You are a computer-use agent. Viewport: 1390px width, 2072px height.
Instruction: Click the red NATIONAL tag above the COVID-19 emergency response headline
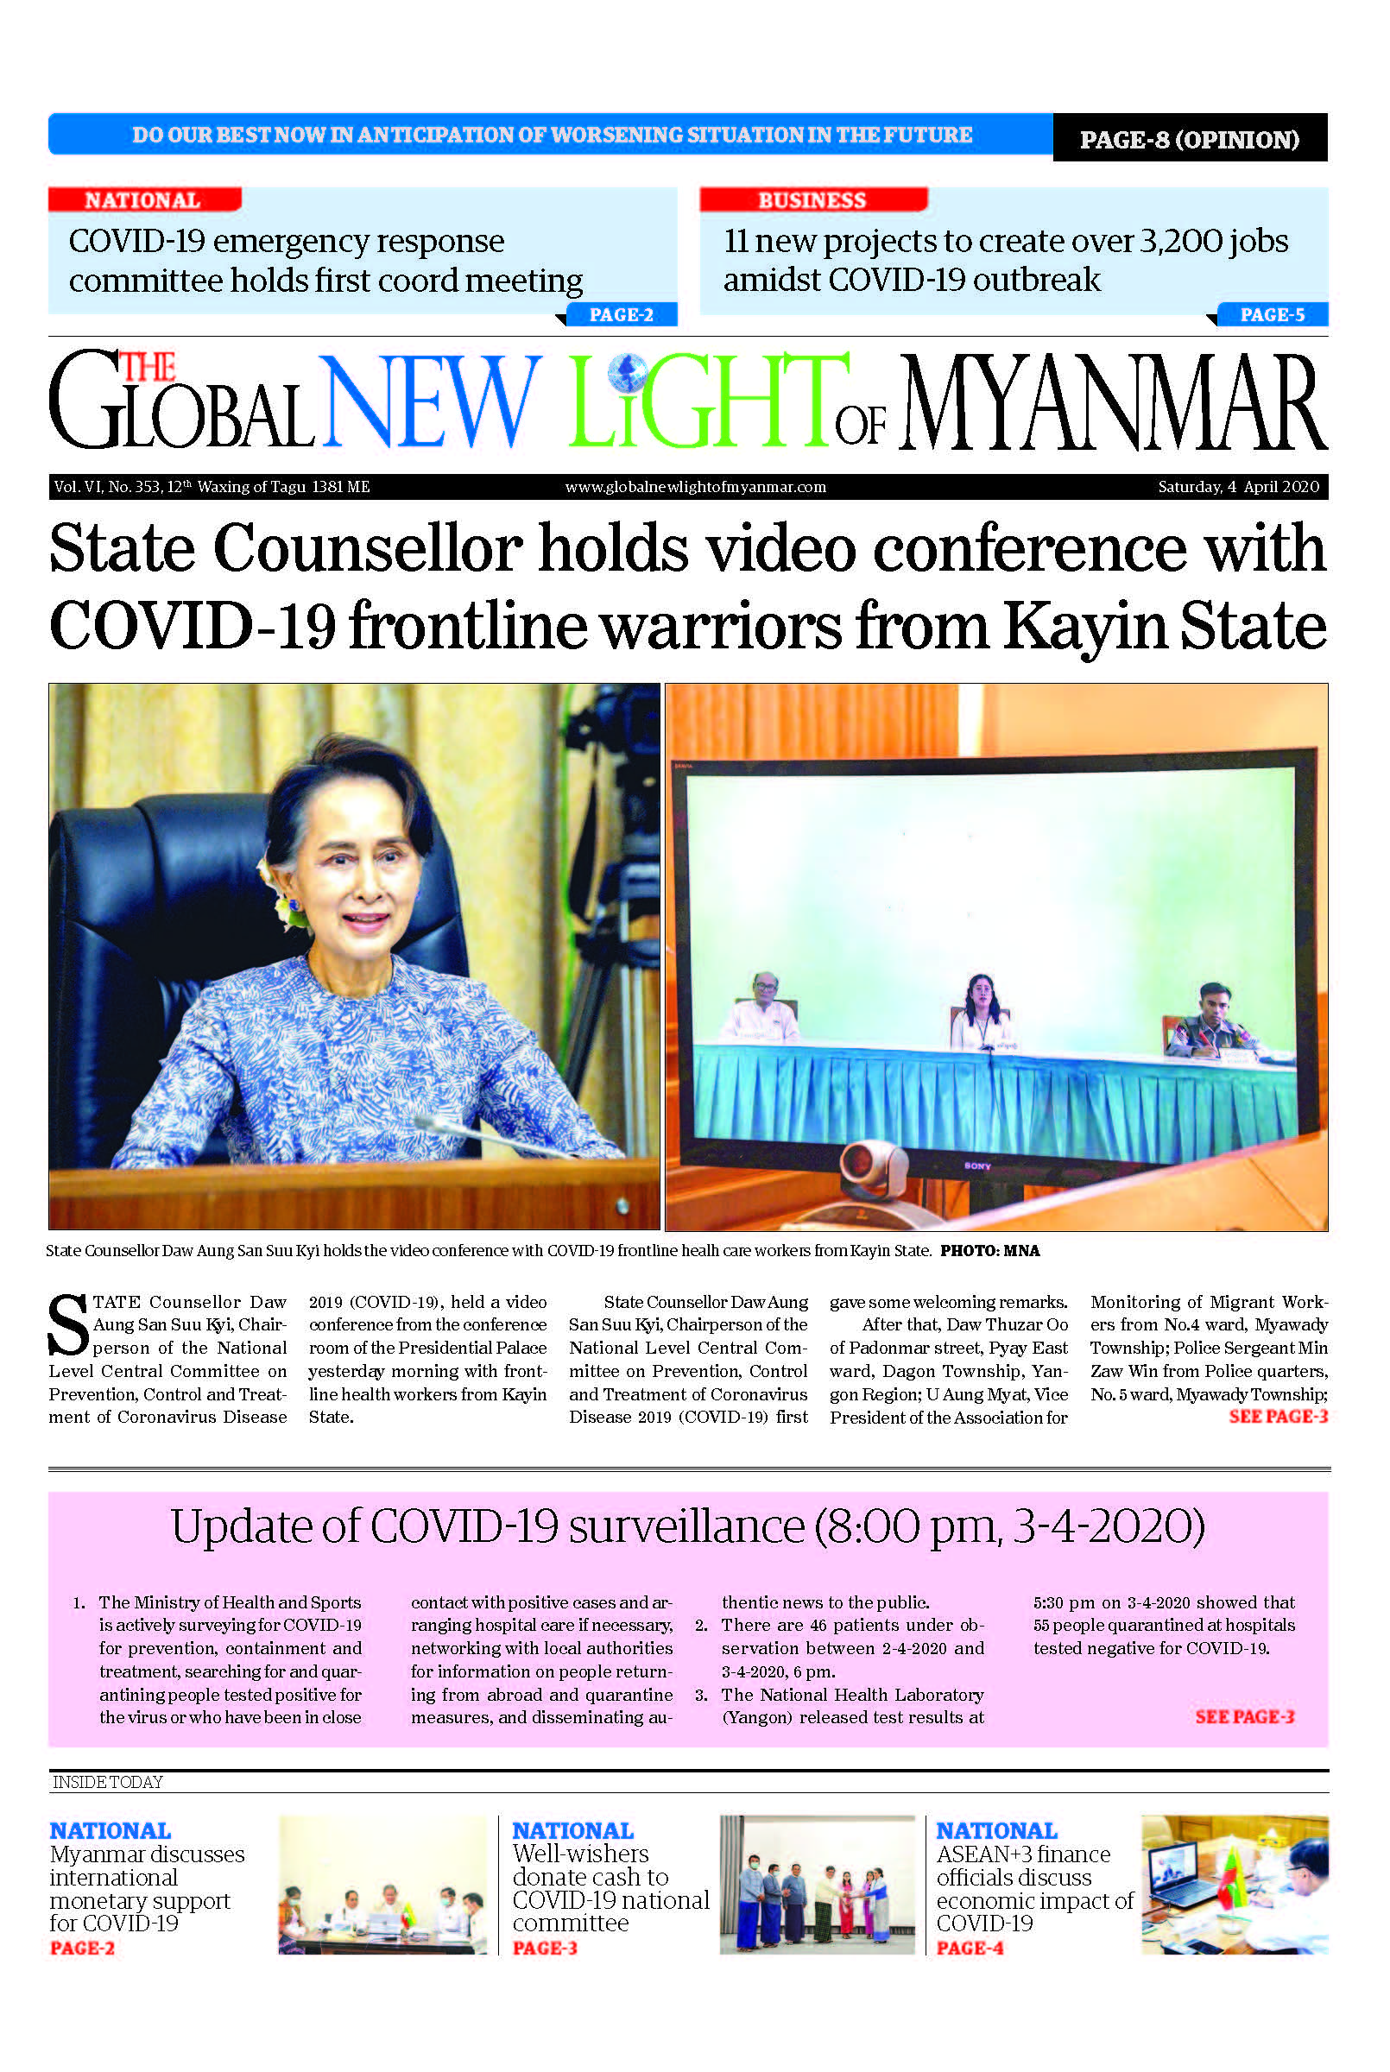click(142, 200)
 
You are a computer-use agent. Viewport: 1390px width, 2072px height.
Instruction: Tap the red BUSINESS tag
click(812, 200)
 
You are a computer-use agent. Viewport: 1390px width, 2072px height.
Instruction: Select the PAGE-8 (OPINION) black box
click(1189, 139)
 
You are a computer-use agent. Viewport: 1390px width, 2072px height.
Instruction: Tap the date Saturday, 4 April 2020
click(1237, 487)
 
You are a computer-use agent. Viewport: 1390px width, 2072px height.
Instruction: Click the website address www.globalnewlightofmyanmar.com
click(695, 487)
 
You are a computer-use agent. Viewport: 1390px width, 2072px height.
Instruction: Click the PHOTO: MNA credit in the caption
click(989, 1250)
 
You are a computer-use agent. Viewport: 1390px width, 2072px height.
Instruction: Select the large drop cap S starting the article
click(68, 1326)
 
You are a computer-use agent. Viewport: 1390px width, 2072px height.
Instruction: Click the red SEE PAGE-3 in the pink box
click(1244, 1716)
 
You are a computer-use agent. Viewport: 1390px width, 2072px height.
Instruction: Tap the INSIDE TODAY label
click(107, 1782)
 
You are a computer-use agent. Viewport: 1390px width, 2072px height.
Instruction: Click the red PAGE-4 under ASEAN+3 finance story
click(969, 1948)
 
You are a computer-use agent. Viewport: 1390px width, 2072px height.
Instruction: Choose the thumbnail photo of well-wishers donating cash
click(817, 1884)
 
